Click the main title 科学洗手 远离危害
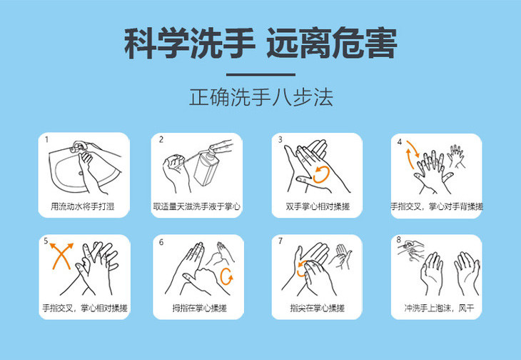coord(260,43)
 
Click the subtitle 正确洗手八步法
coord(260,97)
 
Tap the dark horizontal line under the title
coord(260,75)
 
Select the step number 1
coord(47,139)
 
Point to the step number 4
coord(400,142)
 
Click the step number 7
coord(280,241)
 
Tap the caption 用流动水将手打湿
coord(82,206)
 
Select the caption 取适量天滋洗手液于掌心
coord(197,206)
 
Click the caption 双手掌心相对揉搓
coord(318,206)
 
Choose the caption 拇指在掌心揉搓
coord(199,308)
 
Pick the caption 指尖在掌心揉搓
coord(318,308)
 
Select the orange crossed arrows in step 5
coord(61,256)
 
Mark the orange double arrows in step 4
coord(412,154)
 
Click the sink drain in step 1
coord(81,173)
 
